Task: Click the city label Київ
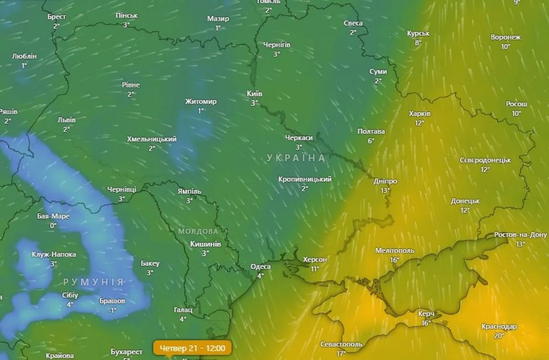254,93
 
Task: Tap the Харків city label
419,113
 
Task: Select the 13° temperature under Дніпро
385,190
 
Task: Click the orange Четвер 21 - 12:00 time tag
192,348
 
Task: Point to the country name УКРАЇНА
296,158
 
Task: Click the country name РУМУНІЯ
94,282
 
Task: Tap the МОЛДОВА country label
198,232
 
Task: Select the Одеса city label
260,266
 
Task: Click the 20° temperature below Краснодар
499,336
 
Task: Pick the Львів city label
67,120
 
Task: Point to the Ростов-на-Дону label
520,235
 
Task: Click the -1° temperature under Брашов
112,310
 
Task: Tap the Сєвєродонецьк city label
485,160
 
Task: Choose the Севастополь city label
341,344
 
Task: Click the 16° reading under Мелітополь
394,260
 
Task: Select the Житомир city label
200,101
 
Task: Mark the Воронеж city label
505,37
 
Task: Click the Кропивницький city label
304,179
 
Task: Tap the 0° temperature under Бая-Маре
53,225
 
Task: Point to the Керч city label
426,314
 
